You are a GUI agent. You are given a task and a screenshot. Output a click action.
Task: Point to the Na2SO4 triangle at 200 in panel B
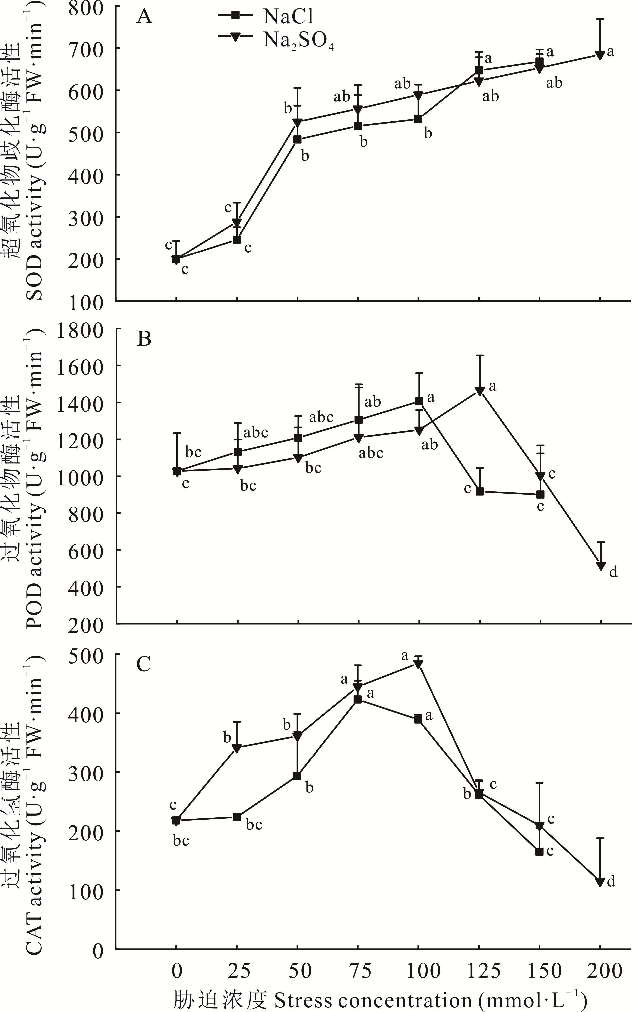pos(601,566)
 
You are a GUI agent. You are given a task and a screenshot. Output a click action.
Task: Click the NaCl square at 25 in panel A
pos(237,240)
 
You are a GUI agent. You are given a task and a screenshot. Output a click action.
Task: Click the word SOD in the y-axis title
pos(35,277)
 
